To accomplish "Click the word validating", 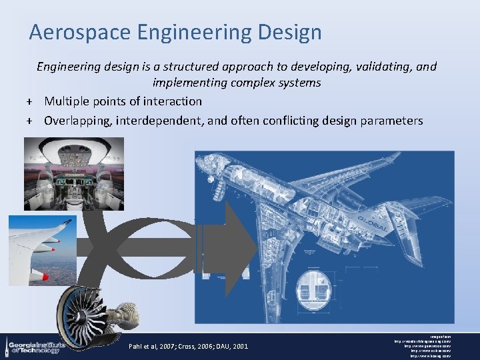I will point(379,67).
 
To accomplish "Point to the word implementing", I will point(189,83).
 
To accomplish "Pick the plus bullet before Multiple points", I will point(29,102).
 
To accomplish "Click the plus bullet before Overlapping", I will point(29,121).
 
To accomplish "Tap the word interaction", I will point(170,101).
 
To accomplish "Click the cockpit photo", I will point(73,173).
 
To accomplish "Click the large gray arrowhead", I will point(237,247).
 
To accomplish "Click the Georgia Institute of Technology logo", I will point(33,345).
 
